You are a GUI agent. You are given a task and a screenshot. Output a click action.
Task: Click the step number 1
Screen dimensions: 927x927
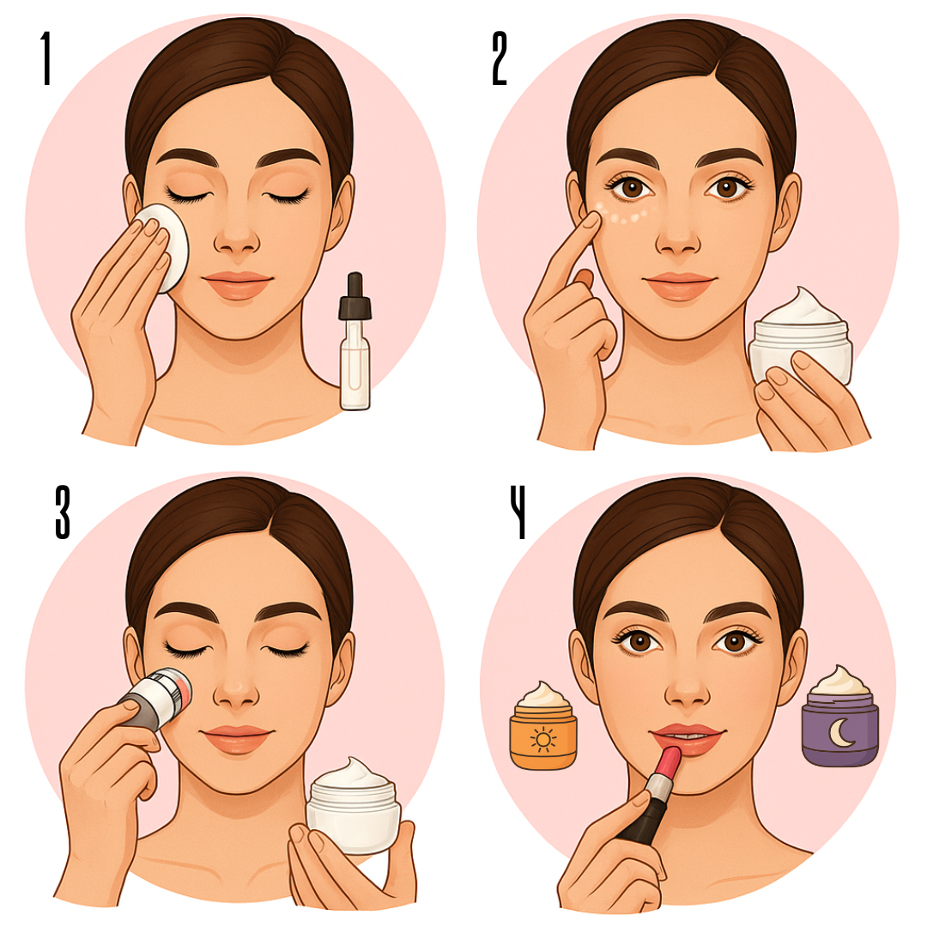point(45,58)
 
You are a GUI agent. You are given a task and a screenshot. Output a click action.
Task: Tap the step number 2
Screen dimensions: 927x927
point(500,58)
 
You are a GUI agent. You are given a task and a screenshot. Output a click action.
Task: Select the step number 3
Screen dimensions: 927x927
point(63,512)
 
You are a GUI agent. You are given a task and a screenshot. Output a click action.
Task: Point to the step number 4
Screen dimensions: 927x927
point(518,512)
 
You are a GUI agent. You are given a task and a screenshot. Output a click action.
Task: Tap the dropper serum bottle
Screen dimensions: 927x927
point(354,342)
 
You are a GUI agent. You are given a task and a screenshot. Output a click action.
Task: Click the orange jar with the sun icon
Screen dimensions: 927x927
point(542,727)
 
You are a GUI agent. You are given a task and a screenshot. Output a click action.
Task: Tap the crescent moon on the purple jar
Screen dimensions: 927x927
point(839,733)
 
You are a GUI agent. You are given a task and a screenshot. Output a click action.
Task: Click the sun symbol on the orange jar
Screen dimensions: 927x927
point(542,740)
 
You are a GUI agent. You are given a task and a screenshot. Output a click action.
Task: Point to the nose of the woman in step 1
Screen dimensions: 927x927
point(237,237)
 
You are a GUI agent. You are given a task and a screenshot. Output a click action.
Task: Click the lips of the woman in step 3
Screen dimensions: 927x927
point(237,738)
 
